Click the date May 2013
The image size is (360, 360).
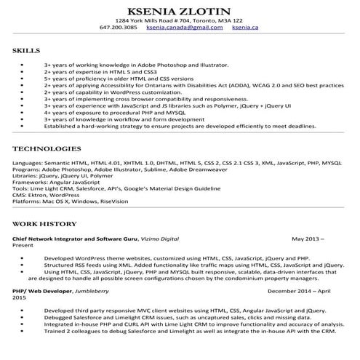point(305,239)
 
